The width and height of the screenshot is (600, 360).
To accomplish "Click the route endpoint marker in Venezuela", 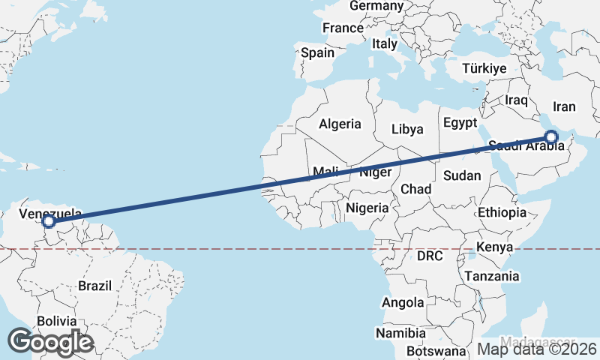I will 49,221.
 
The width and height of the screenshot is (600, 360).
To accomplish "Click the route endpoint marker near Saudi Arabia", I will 551,137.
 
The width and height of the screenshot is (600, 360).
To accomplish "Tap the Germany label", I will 376,6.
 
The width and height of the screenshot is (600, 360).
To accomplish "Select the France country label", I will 343,28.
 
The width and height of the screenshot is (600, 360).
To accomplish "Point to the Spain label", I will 317,53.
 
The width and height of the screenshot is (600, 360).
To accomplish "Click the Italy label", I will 385,44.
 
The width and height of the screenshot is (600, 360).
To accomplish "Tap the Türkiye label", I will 484,68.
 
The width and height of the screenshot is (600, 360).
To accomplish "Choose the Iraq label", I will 517,100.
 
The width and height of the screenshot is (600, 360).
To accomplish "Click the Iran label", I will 563,106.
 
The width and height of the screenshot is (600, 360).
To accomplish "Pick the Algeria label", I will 340,124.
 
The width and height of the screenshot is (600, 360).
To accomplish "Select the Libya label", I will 407,129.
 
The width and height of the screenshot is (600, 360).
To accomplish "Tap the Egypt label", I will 460,122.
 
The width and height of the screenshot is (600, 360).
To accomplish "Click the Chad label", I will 415,188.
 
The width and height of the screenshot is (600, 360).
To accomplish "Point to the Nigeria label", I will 367,208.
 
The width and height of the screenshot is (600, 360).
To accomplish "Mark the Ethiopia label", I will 502,212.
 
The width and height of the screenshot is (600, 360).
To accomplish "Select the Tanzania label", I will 491,276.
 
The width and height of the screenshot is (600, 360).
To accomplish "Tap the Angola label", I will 403,303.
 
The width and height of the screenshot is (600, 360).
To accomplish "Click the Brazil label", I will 94,286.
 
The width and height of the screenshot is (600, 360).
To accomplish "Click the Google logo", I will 49,341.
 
